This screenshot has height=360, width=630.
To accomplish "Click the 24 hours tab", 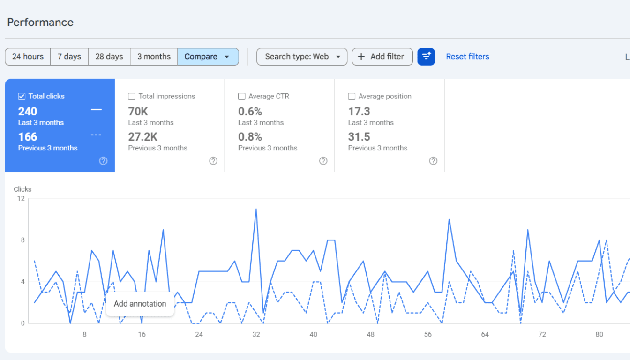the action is (28, 57).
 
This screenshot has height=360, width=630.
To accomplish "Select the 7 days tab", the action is (69, 57).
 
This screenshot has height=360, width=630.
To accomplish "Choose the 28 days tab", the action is (109, 57).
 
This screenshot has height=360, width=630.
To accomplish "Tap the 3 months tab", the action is (154, 57).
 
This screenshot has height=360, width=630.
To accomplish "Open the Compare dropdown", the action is (208, 57).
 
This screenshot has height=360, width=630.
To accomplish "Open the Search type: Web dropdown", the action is (302, 57).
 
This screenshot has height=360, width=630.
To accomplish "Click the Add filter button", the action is (382, 57).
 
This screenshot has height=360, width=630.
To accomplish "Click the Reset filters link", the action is (467, 57).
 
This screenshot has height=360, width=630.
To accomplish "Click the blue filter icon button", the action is (426, 57).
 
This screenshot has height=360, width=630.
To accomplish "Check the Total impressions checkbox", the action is (132, 96).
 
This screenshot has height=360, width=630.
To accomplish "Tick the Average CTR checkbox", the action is (241, 96).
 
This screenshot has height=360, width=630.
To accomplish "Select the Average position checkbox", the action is (352, 96).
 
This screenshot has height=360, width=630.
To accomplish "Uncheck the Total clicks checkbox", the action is (22, 96).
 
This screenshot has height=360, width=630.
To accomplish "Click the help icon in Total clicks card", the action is (103, 161).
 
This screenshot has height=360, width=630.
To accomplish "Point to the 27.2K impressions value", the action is (143, 137).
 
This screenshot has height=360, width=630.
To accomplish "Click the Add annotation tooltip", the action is (140, 304).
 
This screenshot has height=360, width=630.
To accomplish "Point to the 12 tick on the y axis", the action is (21, 199).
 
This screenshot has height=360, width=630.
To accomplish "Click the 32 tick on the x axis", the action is (256, 334).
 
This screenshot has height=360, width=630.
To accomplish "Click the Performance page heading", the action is (40, 22).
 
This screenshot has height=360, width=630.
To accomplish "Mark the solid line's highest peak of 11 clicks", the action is (256, 209).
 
